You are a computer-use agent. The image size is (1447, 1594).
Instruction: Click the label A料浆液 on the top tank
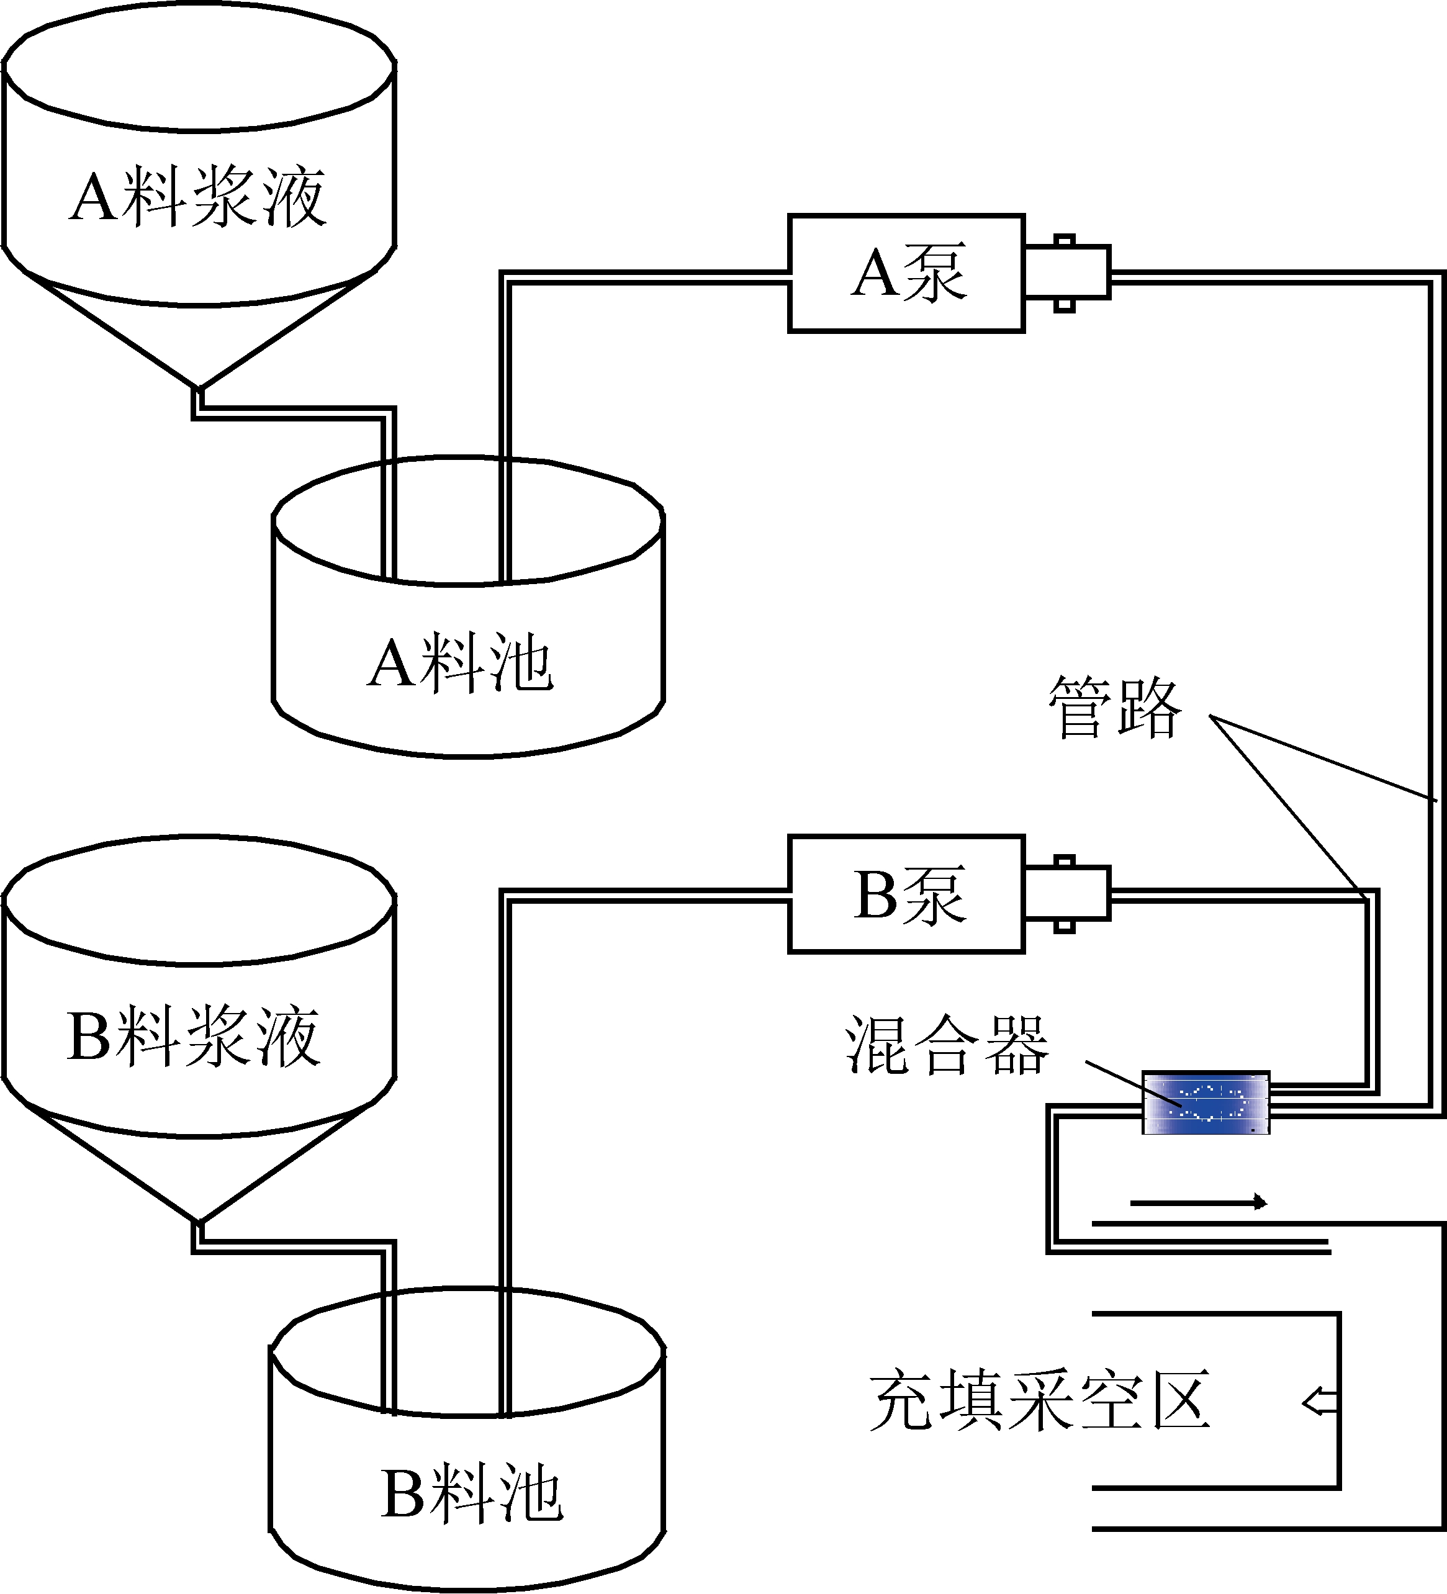[197, 196]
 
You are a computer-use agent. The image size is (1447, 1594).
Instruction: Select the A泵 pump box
[906, 272]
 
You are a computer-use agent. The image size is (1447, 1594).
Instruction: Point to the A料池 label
[460, 662]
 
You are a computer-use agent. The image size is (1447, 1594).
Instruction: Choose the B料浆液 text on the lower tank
[194, 1036]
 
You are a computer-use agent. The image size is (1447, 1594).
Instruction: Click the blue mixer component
[1206, 1103]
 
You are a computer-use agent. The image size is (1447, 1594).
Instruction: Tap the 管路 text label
[1115, 708]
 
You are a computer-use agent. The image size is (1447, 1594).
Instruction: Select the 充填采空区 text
[1040, 1401]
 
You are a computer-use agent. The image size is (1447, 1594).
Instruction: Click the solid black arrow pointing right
[1198, 1202]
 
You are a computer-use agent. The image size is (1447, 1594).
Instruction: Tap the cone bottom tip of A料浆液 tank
[199, 387]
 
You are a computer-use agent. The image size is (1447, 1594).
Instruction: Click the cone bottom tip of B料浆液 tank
[199, 1221]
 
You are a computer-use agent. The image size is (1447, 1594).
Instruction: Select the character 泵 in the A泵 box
[935, 272]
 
